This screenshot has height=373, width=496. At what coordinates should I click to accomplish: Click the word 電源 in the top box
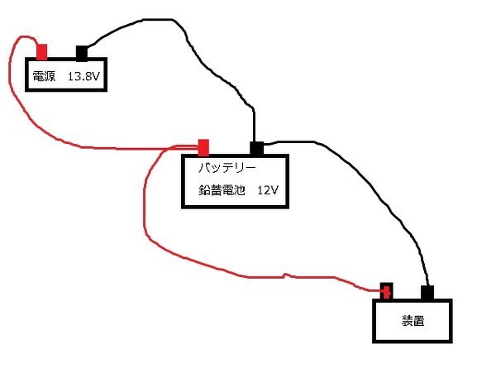pyautogui.click(x=44, y=76)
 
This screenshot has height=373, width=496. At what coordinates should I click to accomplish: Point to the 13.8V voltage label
pyautogui.click(x=83, y=76)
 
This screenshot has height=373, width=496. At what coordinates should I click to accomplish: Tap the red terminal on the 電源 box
pyautogui.click(x=42, y=52)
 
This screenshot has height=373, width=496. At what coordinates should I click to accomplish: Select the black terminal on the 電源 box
pyautogui.click(x=82, y=53)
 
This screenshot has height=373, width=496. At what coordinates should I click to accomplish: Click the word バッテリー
pyautogui.click(x=227, y=167)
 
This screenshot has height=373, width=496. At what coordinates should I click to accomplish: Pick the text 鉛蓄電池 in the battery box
pyautogui.click(x=222, y=190)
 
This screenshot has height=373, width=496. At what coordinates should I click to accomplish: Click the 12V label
pyautogui.click(x=268, y=190)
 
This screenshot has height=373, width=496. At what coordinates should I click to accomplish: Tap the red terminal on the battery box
pyautogui.click(x=203, y=148)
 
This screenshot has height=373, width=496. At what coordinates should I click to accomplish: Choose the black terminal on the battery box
pyautogui.click(x=256, y=149)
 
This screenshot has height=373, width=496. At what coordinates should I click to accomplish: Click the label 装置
pyautogui.click(x=413, y=321)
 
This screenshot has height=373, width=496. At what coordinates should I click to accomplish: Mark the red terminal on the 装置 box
pyautogui.click(x=386, y=291)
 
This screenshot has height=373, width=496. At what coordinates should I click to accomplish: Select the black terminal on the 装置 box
pyautogui.click(x=427, y=293)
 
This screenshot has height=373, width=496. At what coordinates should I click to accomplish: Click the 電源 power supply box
pyautogui.click(x=66, y=74)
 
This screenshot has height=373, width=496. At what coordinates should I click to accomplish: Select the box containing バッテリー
pyautogui.click(x=235, y=181)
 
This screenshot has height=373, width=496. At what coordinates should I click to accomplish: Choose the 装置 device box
pyautogui.click(x=413, y=321)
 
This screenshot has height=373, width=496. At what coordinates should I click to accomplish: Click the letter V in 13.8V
pyautogui.click(x=96, y=76)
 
